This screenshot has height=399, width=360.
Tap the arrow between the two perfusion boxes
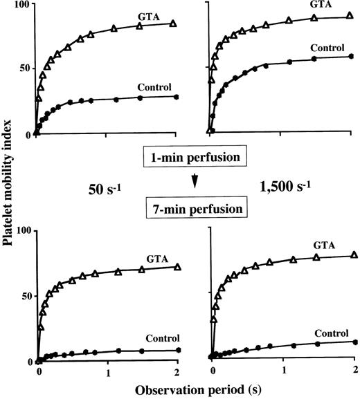195,183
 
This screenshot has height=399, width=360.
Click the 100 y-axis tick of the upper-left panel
20,5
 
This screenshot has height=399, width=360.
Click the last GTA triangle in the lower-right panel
354,255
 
